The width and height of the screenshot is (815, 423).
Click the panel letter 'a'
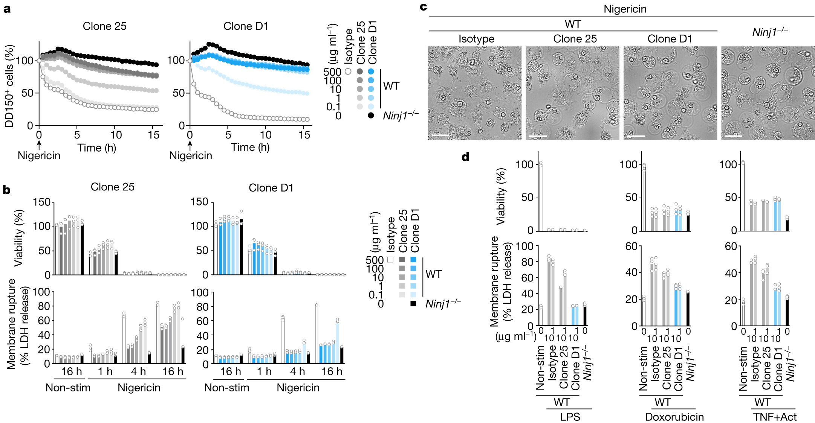pos(7,9)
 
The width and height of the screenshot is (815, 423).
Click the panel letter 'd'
pos(465,157)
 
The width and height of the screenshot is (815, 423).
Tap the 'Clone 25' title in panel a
pos(104,26)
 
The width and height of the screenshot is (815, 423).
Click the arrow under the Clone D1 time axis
pos(190,145)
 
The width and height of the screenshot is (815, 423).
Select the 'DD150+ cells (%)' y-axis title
pos(9,86)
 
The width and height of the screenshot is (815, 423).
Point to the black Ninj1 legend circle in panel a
pos(371,116)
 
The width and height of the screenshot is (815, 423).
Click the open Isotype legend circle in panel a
pos(348,72)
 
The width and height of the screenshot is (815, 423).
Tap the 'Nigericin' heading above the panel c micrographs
pos(625,9)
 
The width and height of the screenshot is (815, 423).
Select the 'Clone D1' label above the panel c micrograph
pos(670,39)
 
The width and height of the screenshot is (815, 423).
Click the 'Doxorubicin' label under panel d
pos(674,417)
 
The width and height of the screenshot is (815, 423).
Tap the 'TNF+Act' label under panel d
pos(775,417)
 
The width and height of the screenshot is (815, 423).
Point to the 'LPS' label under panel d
pos(570,417)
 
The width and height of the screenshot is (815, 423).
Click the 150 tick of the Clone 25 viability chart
pos(42,202)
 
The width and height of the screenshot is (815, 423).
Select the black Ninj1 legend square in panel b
pos(413,303)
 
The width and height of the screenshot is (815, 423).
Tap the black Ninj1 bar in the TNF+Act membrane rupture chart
pos(787,312)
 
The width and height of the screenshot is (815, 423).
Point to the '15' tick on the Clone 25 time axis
pos(153,135)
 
